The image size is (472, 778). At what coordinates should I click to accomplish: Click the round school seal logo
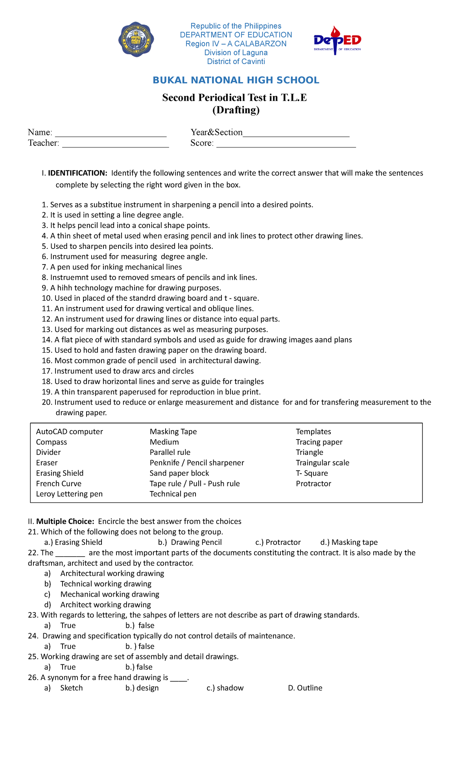pyautogui.click(x=136, y=40)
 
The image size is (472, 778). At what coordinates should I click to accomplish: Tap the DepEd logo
pyautogui.click(x=337, y=40)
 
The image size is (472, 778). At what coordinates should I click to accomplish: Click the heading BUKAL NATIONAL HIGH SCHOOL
pyautogui.click(x=236, y=80)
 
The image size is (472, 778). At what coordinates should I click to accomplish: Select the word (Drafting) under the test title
pyautogui.click(x=236, y=110)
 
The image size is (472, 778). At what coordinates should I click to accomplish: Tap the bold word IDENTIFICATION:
pyautogui.click(x=77, y=173)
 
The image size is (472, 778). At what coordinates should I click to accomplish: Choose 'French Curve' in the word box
pyautogui.click(x=59, y=484)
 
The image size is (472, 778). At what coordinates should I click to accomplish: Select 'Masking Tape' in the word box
pyautogui.click(x=173, y=432)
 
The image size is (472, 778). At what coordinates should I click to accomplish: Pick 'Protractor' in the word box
pyautogui.click(x=313, y=484)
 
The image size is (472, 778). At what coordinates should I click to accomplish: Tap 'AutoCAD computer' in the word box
pyautogui.click(x=69, y=432)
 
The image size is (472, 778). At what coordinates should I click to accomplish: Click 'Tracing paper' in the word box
pyautogui.click(x=319, y=442)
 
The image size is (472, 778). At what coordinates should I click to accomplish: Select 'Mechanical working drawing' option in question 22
pyautogui.click(x=110, y=594)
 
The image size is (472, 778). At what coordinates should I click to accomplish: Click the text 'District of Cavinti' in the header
pyautogui.click(x=236, y=61)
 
